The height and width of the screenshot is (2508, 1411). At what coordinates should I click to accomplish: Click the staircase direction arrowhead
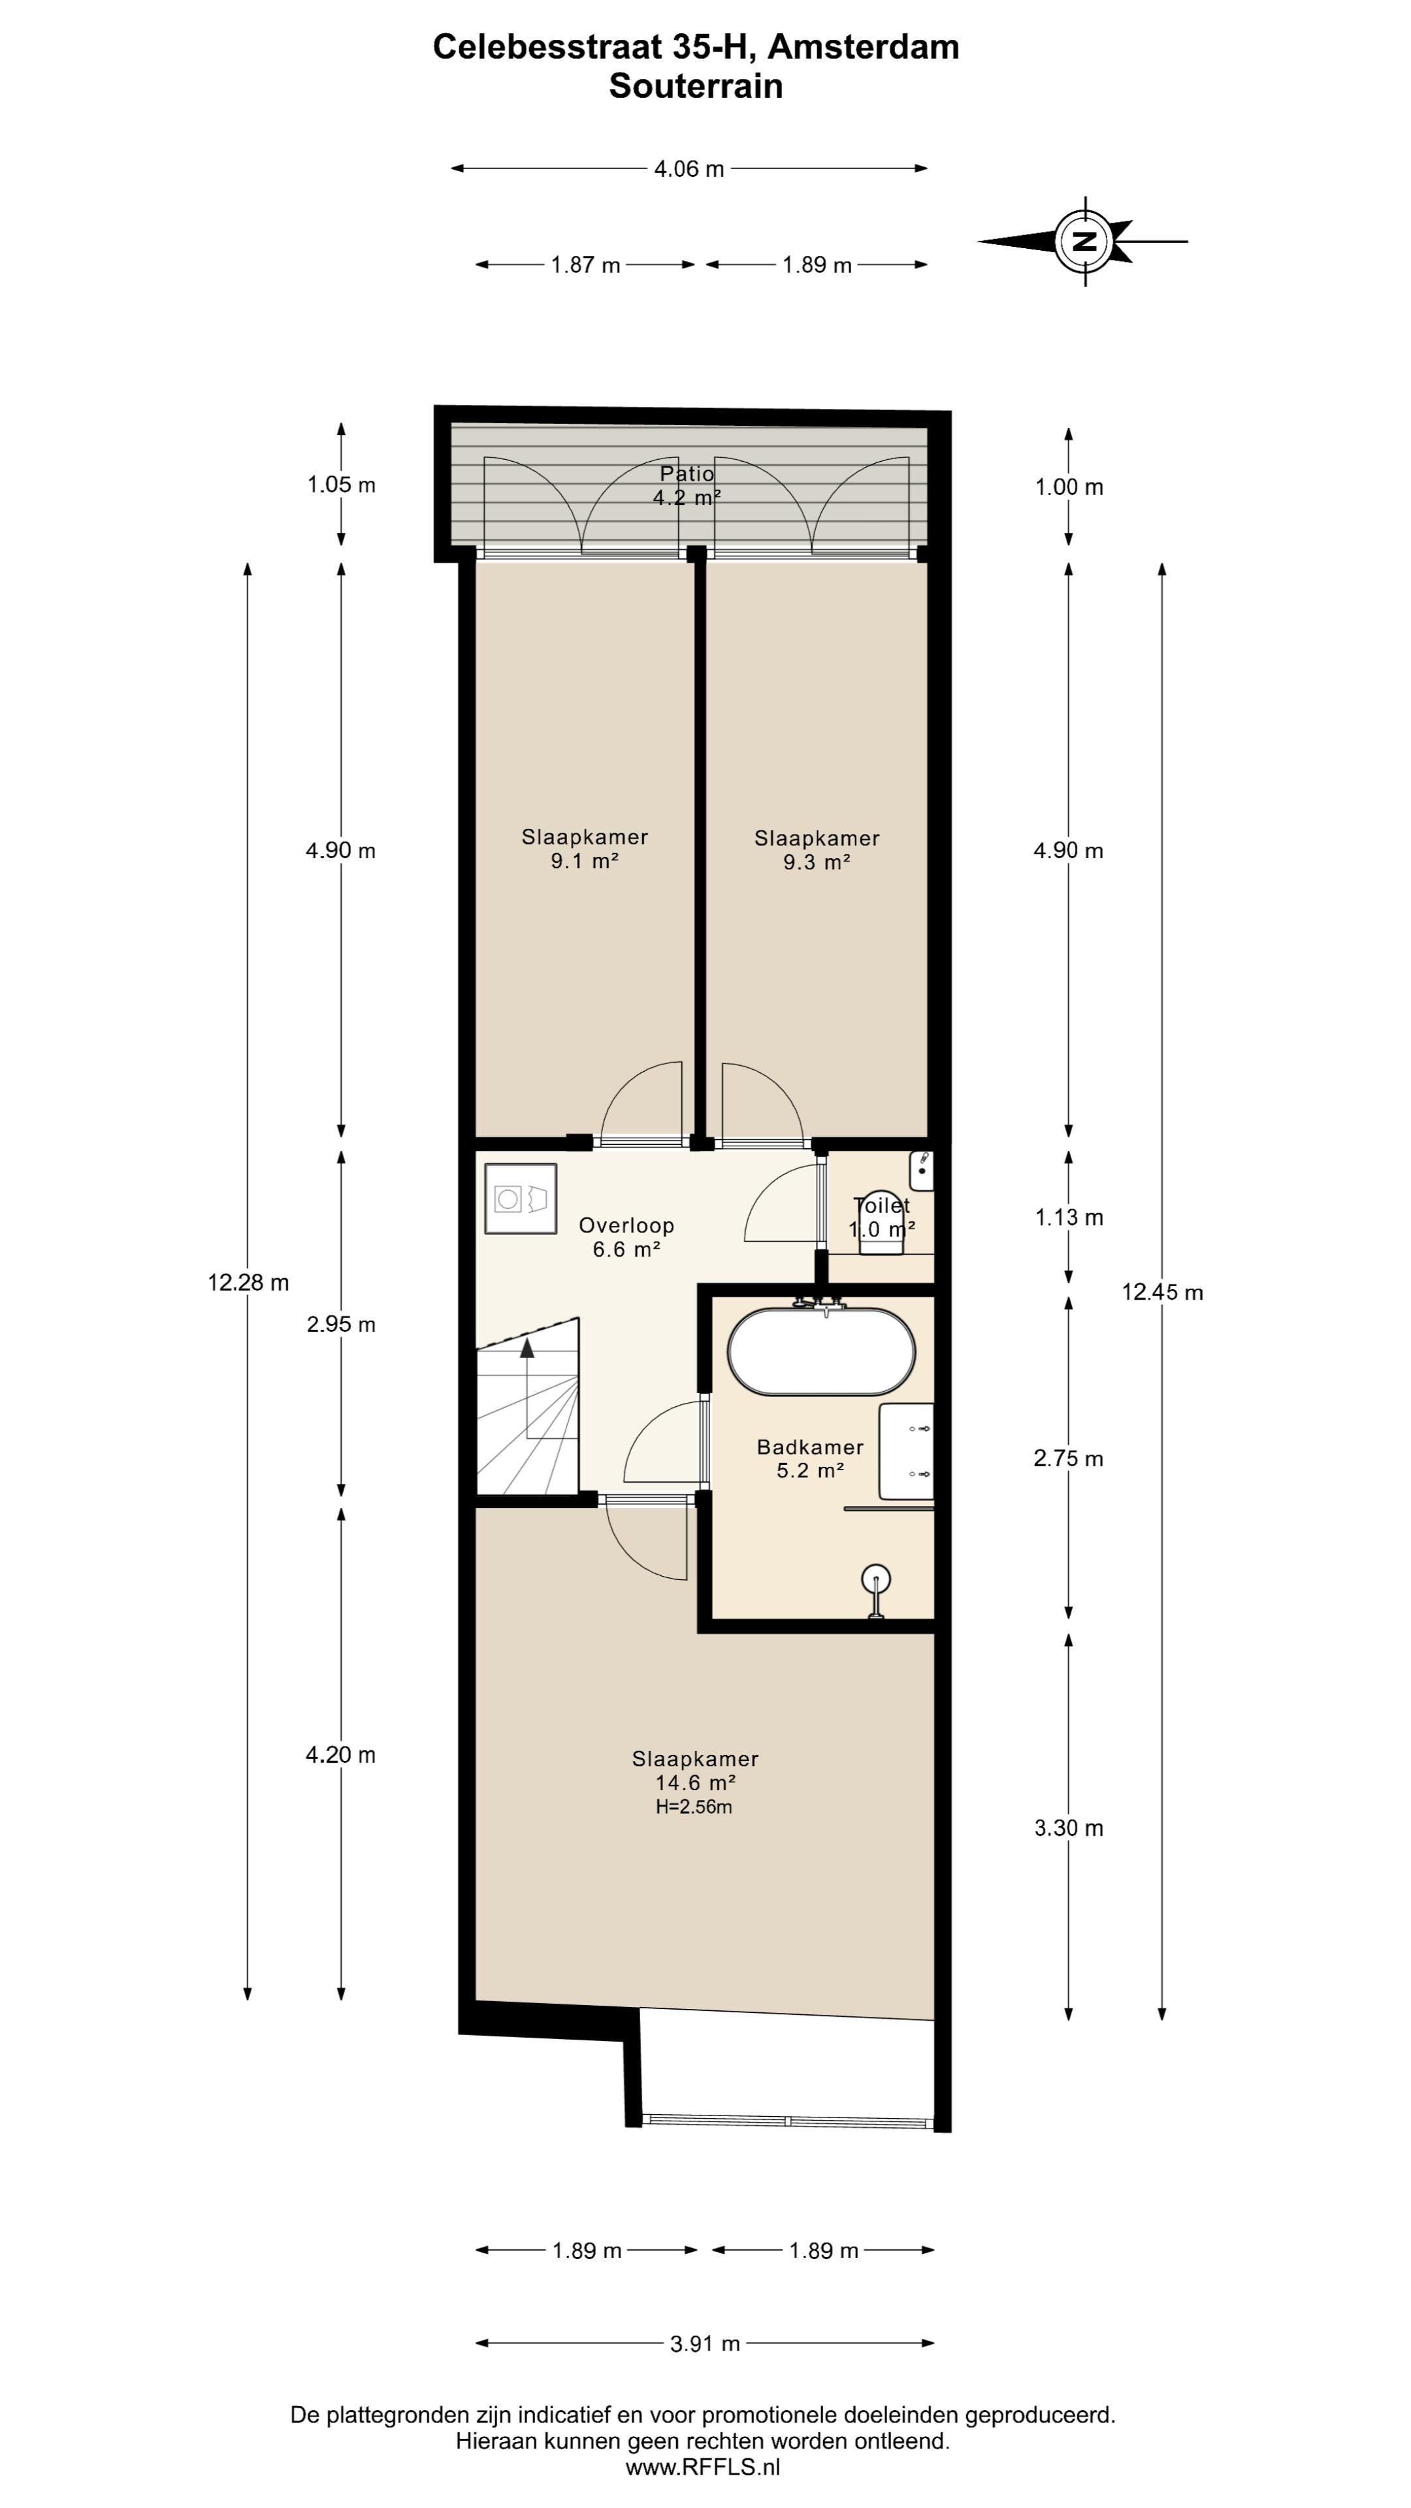pos(527,1347)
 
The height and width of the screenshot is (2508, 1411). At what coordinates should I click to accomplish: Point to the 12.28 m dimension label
pos(248,1283)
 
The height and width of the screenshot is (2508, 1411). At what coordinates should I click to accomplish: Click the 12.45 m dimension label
pos(1163,1293)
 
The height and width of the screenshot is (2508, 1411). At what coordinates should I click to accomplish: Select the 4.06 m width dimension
pos(689,169)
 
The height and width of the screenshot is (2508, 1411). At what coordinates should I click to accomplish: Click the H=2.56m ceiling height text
pos(694,1808)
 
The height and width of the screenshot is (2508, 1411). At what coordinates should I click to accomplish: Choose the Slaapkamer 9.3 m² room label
pos(817,850)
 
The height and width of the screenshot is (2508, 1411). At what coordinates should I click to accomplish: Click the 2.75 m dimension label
pos(1069,1458)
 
